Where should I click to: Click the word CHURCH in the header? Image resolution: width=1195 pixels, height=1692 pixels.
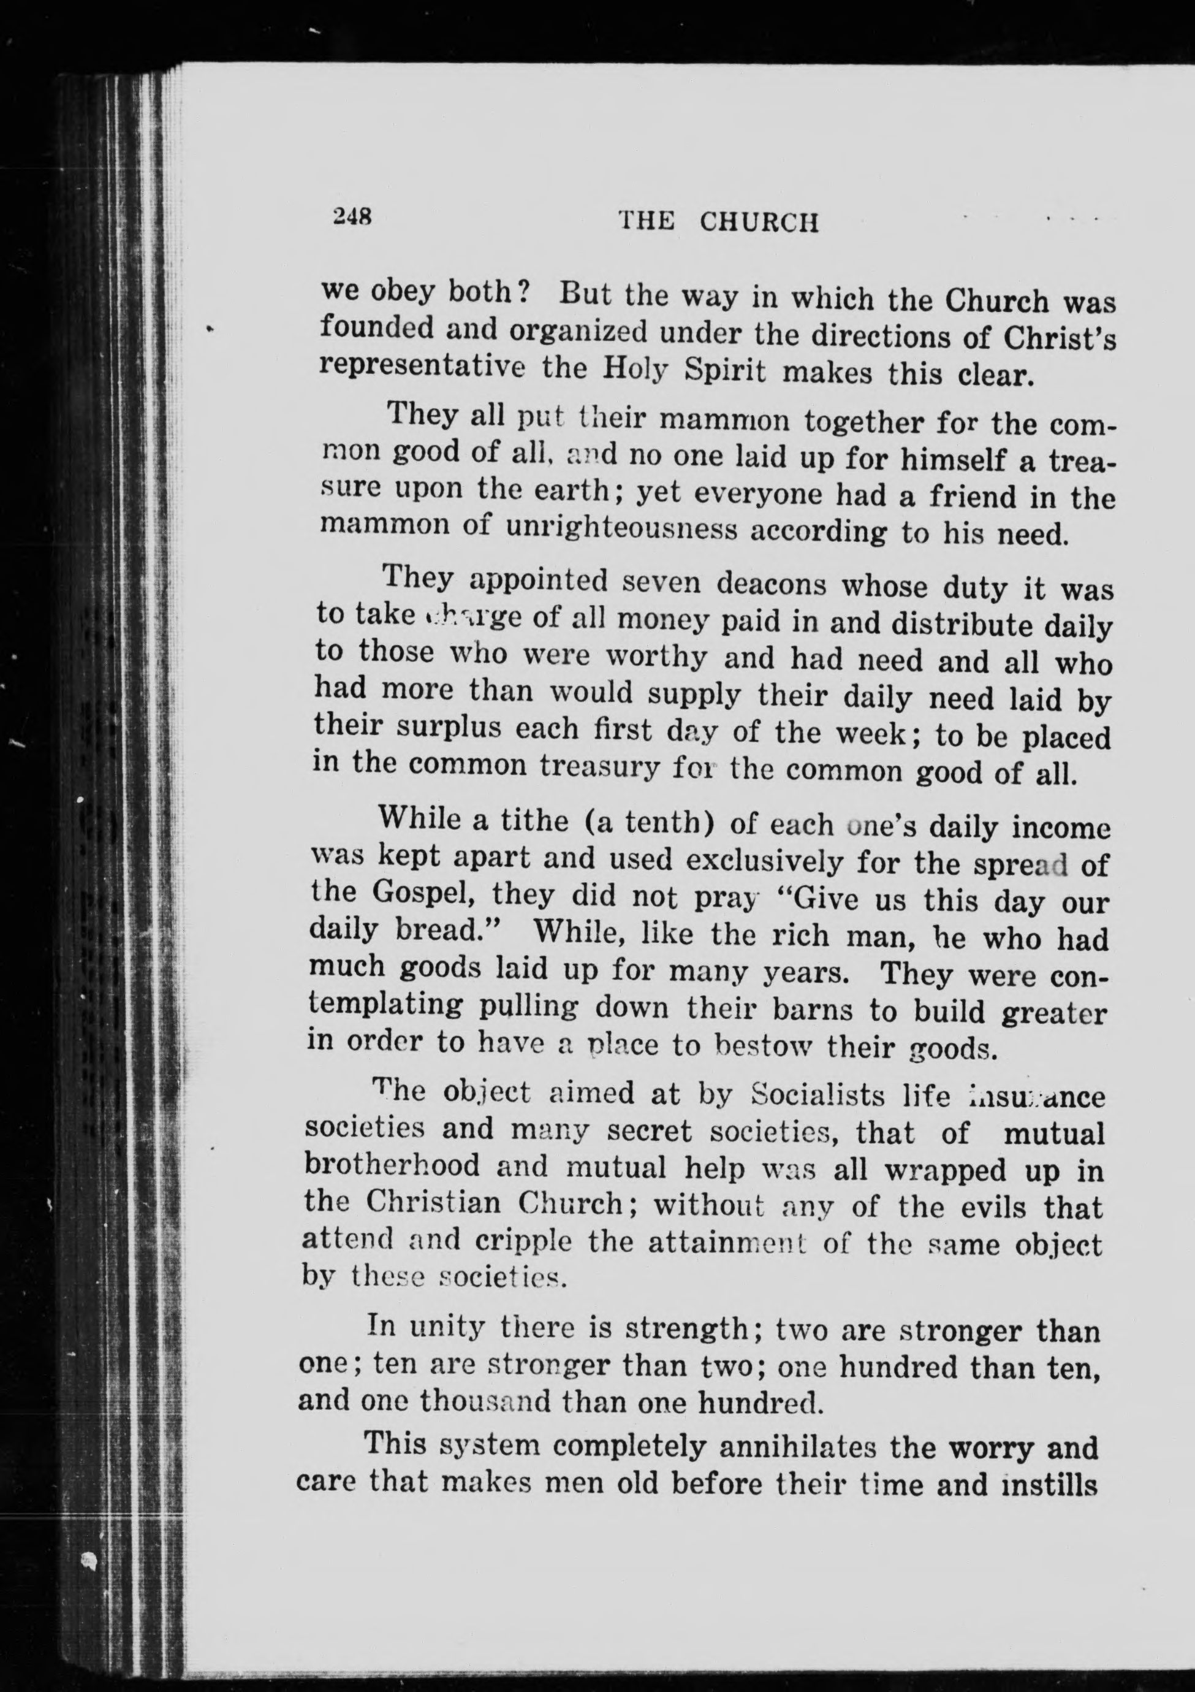[x=759, y=222]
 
